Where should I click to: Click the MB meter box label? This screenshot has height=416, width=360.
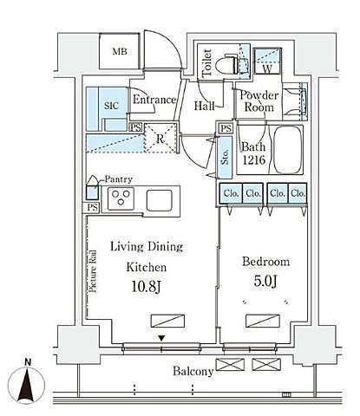pyautogui.click(x=120, y=52)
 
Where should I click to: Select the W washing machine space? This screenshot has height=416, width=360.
pyautogui.click(x=267, y=61)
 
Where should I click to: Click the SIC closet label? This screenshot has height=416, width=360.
pyautogui.click(x=111, y=106)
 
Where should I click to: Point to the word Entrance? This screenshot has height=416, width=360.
pyautogui.click(x=154, y=100)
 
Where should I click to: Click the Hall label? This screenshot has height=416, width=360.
pyautogui.click(x=204, y=106)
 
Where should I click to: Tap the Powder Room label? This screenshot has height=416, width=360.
pyautogui.click(x=259, y=101)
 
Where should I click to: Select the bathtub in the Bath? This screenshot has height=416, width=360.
pyautogui.click(x=288, y=150)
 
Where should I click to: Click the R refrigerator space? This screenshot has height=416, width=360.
pyautogui.click(x=160, y=138)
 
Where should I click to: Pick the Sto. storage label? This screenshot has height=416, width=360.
pyautogui.click(x=225, y=157)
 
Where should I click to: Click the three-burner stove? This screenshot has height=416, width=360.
pyautogui.click(x=121, y=198)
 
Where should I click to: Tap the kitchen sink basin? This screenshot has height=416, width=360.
pyautogui.click(x=160, y=200)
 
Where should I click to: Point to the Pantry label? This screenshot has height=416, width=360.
pyautogui.click(x=118, y=179)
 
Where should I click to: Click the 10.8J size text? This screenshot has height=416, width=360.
pyautogui.click(x=146, y=287)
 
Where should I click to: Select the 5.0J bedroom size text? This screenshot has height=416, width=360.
pyautogui.click(x=265, y=281)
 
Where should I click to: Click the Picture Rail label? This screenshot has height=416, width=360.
pyautogui.click(x=93, y=271)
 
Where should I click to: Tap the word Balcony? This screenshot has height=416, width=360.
pyautogui.click(x=193, y=371)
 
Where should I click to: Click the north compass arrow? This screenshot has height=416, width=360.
pyautogui.click(x=26, y=386)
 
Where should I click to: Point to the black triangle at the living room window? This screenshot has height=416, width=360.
pyautogui.click(x=161, y=338)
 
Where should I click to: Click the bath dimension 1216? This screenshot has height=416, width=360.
pyautogui.click(x=254, y=159)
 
